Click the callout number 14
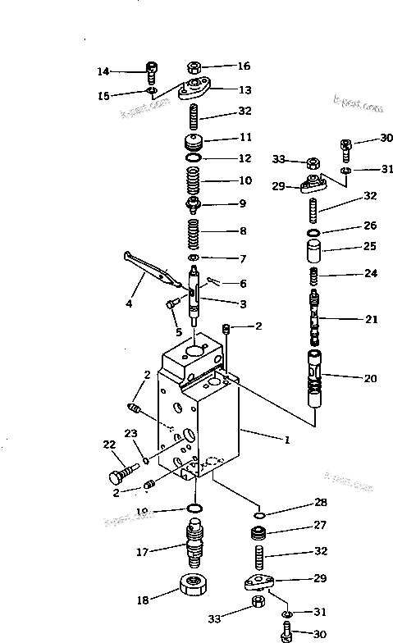click(x=103, y=71)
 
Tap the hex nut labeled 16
click(x=194, y=67)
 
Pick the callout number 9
click(x=243, y=203)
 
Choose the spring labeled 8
click(x=194, y=230)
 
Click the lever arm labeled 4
click(x=152, y=269)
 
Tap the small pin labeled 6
click(x=212, y=280)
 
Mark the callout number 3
click(x=243, y=303)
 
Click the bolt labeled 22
click(x=122, y=474)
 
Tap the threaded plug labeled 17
click(x=194, y=543)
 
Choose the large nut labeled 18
click(x=195, y=588)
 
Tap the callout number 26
click(x=370, y=226)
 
